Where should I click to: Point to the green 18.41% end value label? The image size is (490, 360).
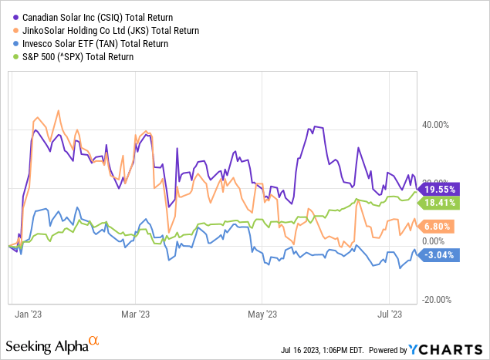click(438, 203)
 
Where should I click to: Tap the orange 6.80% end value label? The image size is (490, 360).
click(438, 227)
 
